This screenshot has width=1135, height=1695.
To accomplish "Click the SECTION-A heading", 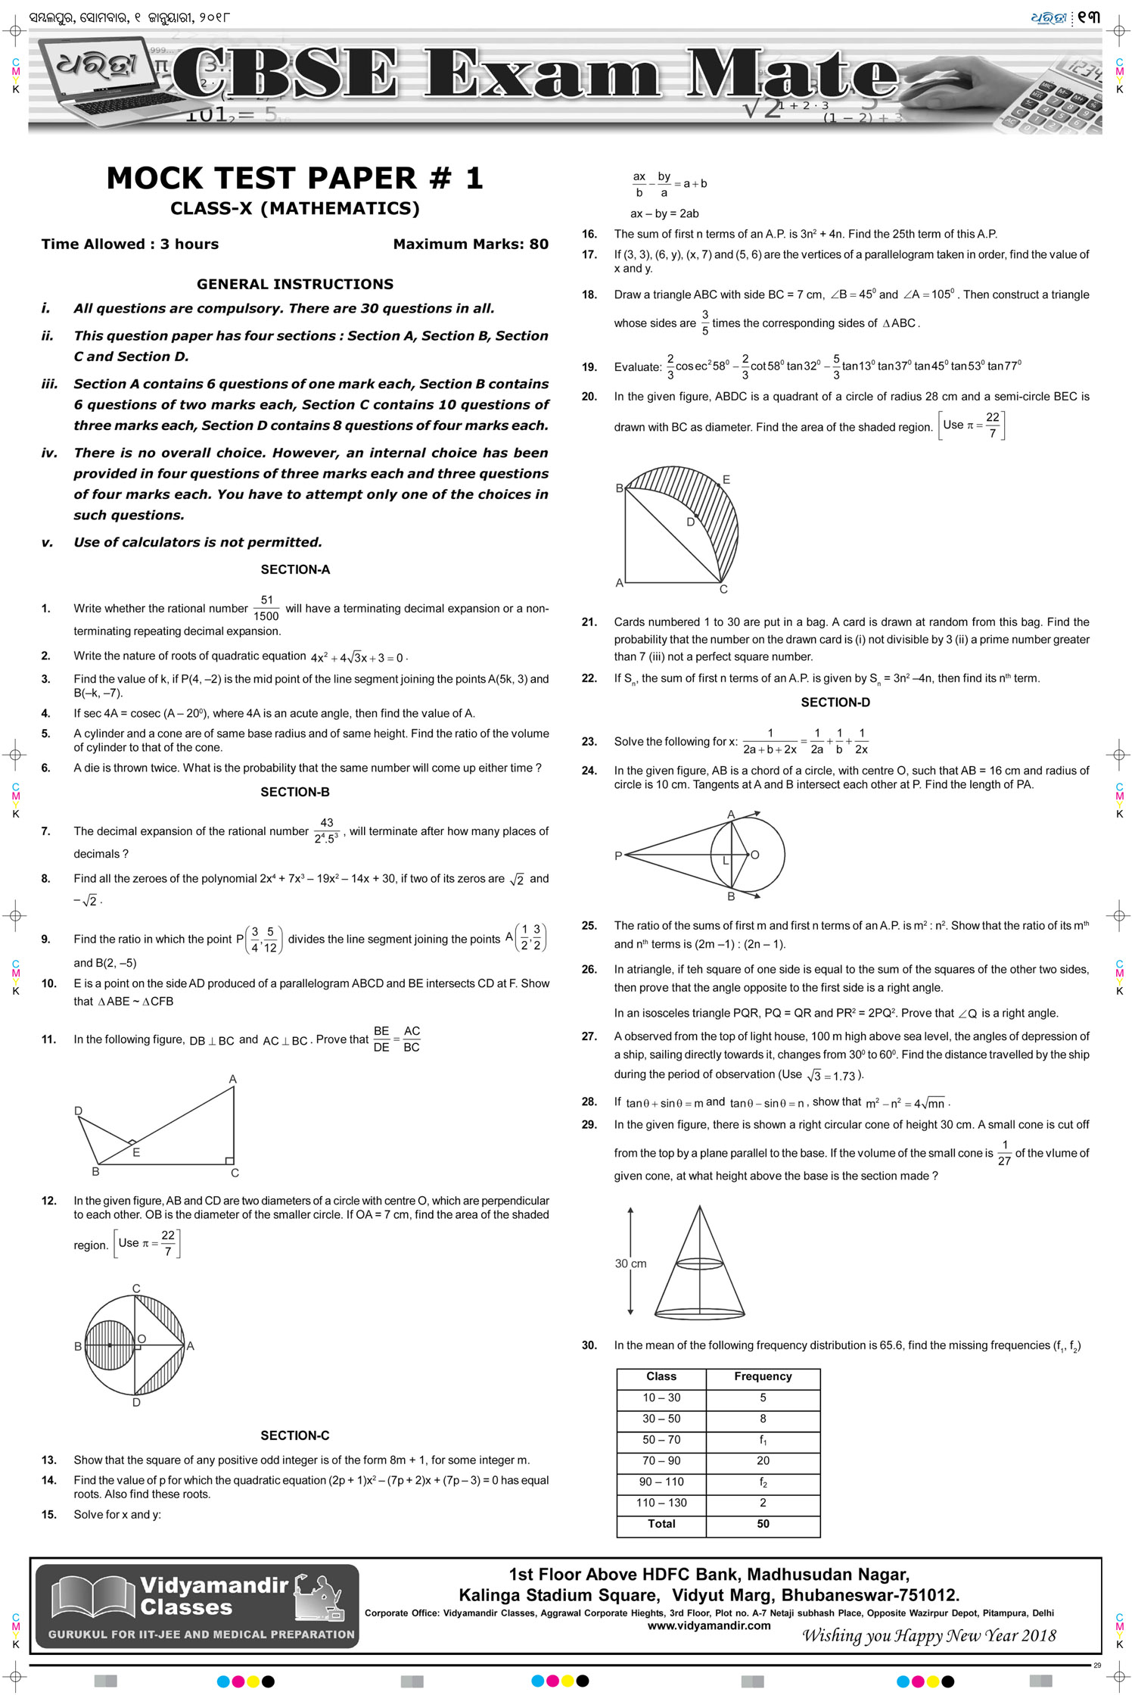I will click(x=295, y=569).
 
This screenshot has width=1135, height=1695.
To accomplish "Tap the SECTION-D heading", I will click(x=835, y=703).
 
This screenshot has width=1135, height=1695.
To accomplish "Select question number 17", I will click(x=589, y=255).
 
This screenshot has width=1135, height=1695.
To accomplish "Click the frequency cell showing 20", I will click(x=763, y=1461).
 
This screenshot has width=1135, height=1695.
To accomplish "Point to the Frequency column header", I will click(x=763, y=1376).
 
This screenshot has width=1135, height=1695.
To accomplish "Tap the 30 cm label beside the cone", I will click(x=630, y=1263).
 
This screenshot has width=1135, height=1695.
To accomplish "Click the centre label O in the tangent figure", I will click(x=754, y=855).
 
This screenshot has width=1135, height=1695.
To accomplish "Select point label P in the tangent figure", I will click(x=618, y=856).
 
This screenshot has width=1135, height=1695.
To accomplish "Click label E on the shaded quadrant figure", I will click(x=726, y=479).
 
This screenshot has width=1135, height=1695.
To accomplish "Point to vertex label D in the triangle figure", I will click(x=78, y=1111).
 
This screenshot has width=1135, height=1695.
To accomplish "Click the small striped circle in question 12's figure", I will click(x=109, y=1345).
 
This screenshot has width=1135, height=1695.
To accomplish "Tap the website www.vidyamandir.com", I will click(x=709, y=1625).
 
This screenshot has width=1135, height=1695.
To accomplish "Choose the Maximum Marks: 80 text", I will click(x=471, y=244).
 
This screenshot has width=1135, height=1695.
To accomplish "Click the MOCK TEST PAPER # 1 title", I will click(x=294, y=179).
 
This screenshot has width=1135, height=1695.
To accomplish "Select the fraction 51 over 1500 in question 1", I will click(x=266, y=608).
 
